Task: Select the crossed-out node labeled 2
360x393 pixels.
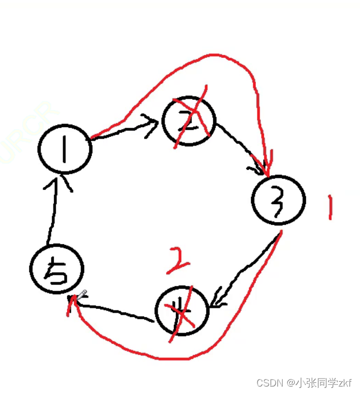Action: click(x=189, y=122)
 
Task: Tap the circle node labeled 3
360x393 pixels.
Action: click(x=278, y=200)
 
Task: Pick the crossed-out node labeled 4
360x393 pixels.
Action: click(x=181, y=310)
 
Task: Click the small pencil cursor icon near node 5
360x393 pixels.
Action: click(x=81, y=294)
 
